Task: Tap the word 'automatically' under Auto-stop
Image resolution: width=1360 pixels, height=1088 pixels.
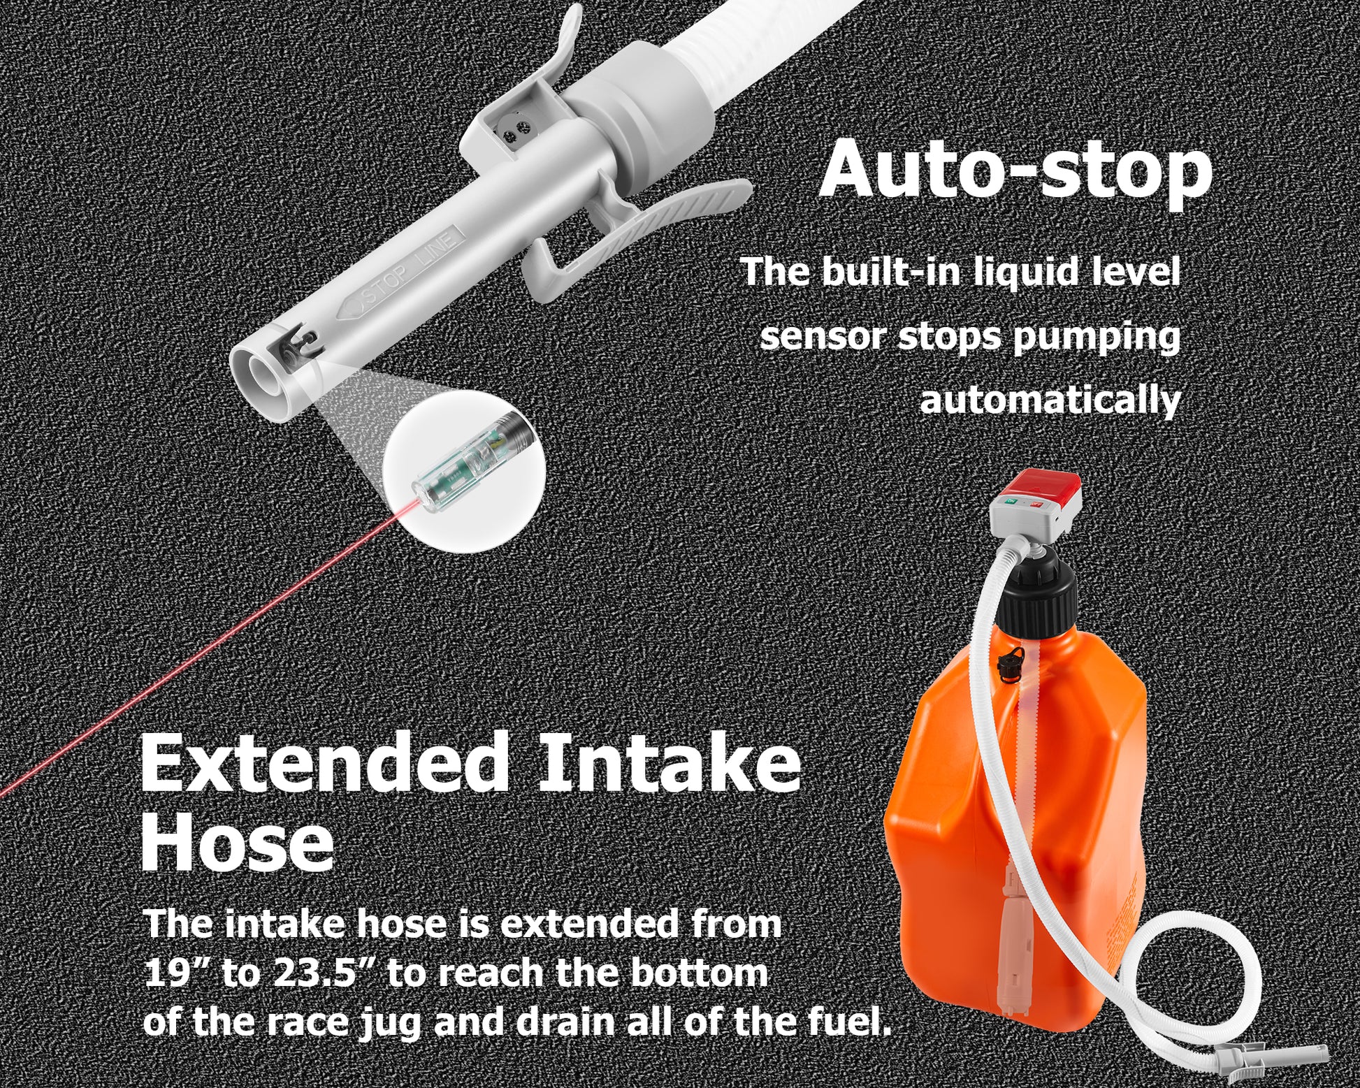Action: [x=1050, y=400]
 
